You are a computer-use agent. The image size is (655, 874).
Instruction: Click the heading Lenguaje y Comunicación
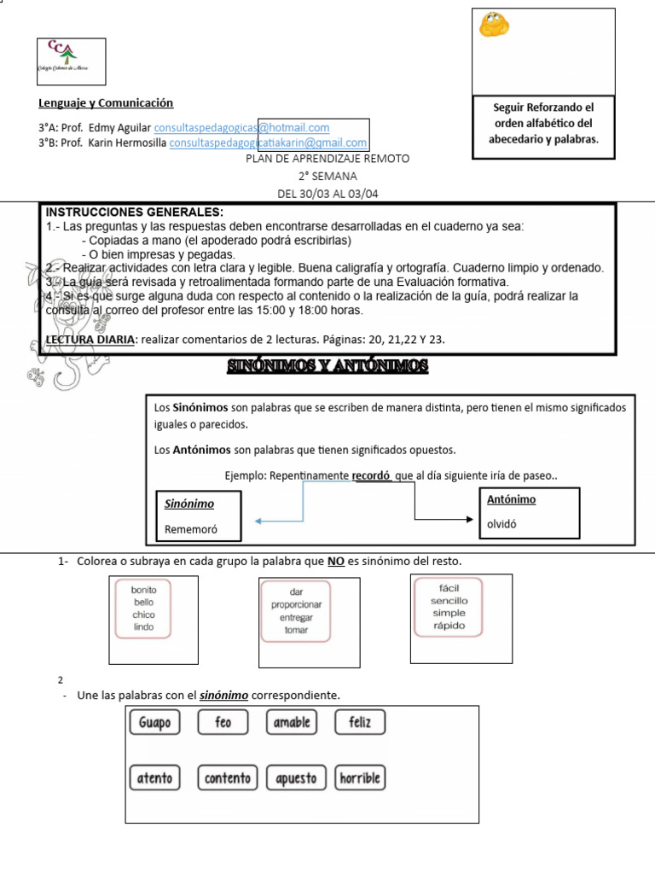[106, 103]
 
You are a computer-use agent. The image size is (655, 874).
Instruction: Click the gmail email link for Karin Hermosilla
[268, 143]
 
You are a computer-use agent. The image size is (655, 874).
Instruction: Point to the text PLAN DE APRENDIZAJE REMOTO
[327, 159]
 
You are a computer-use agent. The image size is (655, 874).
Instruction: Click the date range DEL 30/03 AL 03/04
[327, 194]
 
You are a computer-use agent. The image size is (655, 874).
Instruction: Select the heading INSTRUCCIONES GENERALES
[134, 212]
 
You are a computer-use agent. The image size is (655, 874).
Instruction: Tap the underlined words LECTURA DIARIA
[90, 340]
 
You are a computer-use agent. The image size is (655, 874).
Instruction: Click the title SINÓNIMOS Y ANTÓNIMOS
[327, 367]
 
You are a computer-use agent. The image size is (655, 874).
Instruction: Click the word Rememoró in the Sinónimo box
[191, 530]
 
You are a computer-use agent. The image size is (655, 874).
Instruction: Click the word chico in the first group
[143, 615]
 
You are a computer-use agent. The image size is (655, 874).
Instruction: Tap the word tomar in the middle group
[296, 630]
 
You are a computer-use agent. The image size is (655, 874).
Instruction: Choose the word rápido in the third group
[449, 626]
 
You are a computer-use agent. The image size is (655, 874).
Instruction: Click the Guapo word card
[154, 723]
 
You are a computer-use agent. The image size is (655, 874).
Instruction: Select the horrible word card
[359, 778]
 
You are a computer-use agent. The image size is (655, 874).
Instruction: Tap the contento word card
[227, 778]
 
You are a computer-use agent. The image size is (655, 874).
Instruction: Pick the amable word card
[292, 723]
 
